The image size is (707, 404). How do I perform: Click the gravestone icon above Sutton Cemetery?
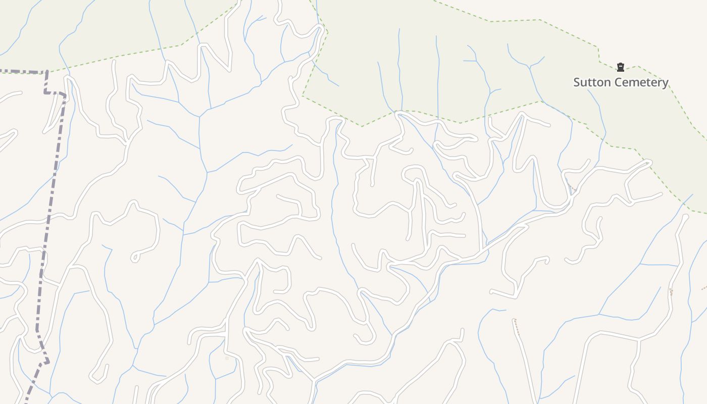click(621, 67)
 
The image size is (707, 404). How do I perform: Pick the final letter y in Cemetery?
click(665, 83)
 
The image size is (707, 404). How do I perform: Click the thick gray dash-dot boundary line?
click(50, 212)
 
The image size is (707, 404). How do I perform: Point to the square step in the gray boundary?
click(55, 93)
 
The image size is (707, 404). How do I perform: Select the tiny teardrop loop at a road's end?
click(134, 258)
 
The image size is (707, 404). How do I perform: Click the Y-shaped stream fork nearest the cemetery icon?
click(529, 66)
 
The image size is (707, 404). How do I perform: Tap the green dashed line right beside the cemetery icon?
click(630, 68)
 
